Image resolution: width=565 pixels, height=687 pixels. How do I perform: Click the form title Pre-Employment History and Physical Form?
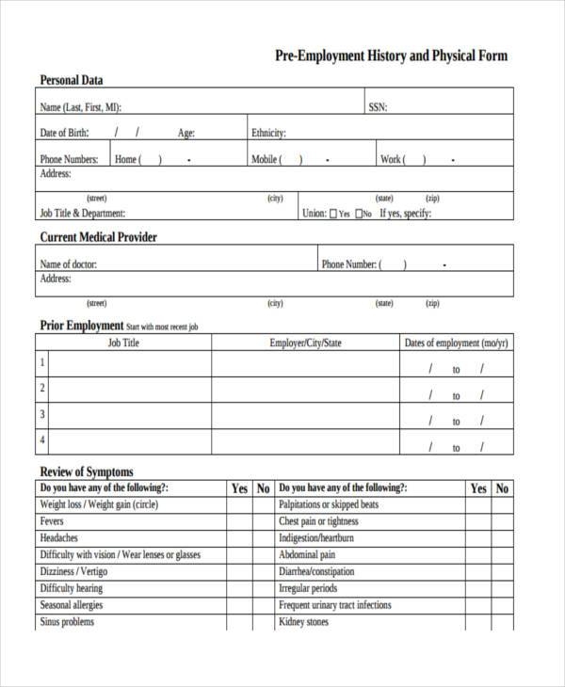(390, 56)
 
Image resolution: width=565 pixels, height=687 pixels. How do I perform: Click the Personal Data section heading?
(72, 79)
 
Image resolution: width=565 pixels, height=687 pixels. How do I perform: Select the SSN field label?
(377, 106)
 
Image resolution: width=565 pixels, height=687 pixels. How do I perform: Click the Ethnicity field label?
(268, 133)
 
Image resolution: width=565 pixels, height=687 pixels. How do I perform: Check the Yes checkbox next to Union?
(334, 214)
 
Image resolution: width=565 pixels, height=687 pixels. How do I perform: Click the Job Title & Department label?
(82, 214)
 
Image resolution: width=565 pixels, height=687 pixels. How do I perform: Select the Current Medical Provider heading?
(98, 237)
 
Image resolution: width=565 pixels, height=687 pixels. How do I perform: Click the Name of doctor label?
(69, 264)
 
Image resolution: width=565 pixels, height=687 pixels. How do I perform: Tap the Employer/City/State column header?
(305, 343)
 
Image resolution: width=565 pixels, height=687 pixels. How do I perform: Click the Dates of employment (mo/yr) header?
(456, 343)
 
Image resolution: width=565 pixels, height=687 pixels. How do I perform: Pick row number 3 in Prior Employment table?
(41, 413)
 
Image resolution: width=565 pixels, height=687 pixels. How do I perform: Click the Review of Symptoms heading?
(86, 471)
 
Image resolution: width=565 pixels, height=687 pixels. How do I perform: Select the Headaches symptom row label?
(59, 537)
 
